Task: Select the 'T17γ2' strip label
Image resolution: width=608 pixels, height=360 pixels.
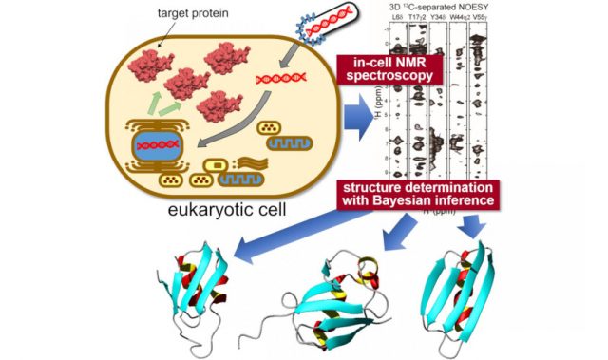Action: [x=419, y=19]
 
